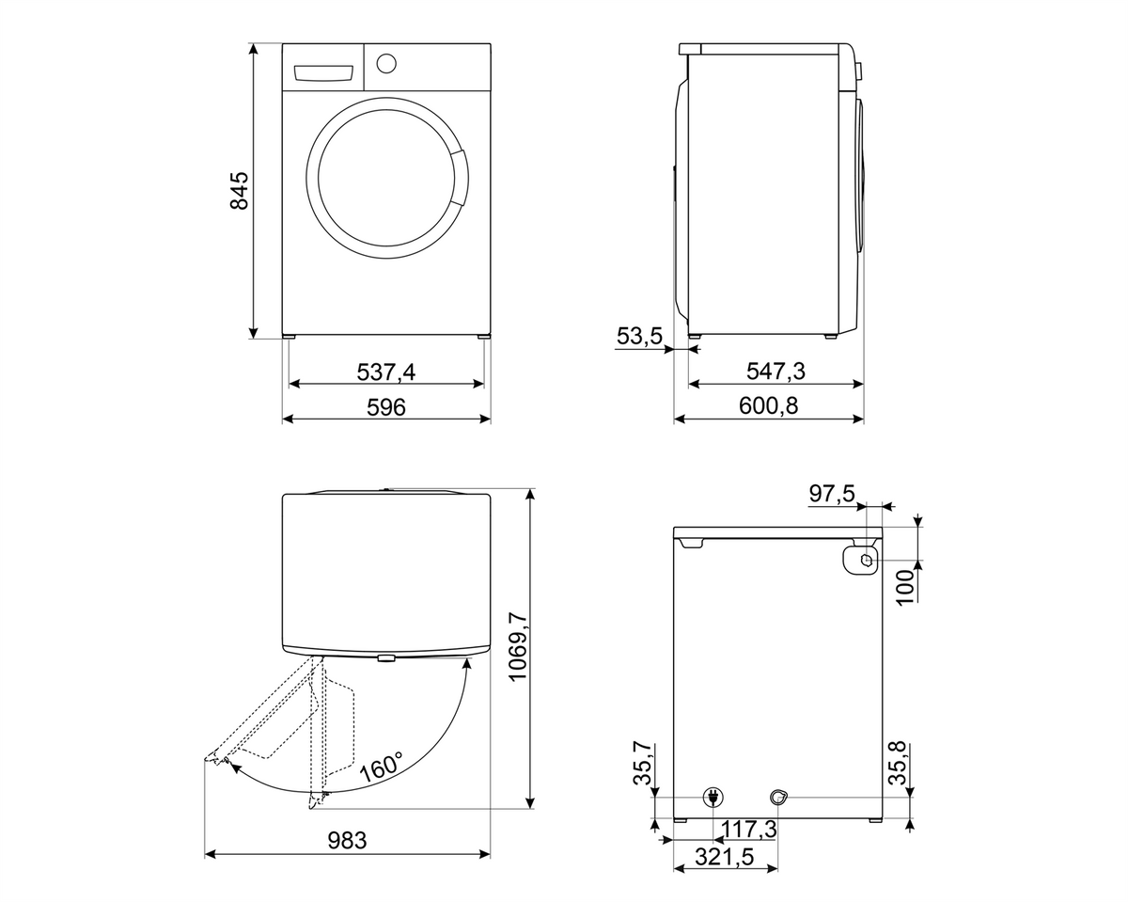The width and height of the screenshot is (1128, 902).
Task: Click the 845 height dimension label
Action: (239, 190)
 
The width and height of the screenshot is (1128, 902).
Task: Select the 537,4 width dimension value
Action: (385, 372)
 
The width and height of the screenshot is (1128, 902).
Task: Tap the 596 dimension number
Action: (385, 407)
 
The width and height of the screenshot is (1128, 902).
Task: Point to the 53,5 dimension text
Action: (639, 336)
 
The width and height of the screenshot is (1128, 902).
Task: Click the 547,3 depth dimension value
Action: (775, 372)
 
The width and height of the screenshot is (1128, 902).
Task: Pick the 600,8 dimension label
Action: (768, 406)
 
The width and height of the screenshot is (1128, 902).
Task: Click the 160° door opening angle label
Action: (383, 767)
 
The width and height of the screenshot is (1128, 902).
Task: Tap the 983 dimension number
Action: (347, 841)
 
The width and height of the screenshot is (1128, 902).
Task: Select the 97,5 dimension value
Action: (832, 494)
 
